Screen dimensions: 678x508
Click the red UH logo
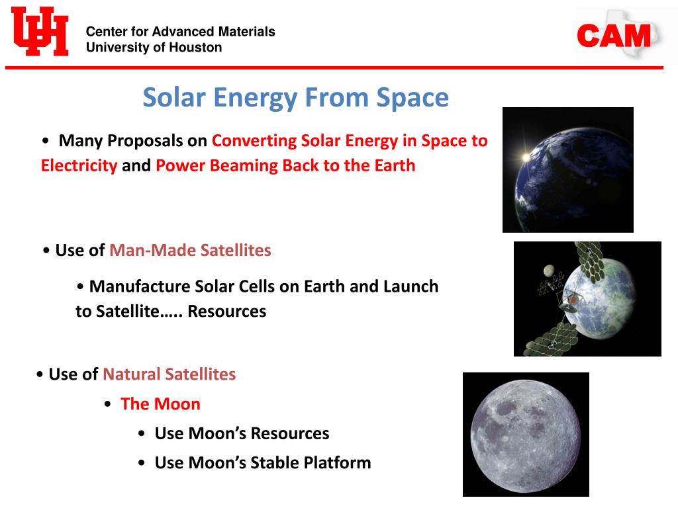(40, 31)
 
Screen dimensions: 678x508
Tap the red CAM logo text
(614, 36)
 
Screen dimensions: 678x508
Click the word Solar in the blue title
(174, 97)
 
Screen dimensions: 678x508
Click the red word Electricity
(79, 165)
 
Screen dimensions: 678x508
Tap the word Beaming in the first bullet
(242, 166)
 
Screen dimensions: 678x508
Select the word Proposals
(145, 141)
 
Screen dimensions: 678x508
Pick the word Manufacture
(140, 286)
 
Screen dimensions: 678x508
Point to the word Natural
(132, 374)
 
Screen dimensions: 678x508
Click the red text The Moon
(160, 404)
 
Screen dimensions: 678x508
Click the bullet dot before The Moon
(108, 404)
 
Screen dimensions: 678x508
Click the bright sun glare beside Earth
(526, 157)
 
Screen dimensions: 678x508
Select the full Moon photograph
(526, 435)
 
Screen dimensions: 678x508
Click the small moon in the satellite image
(549, 271)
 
